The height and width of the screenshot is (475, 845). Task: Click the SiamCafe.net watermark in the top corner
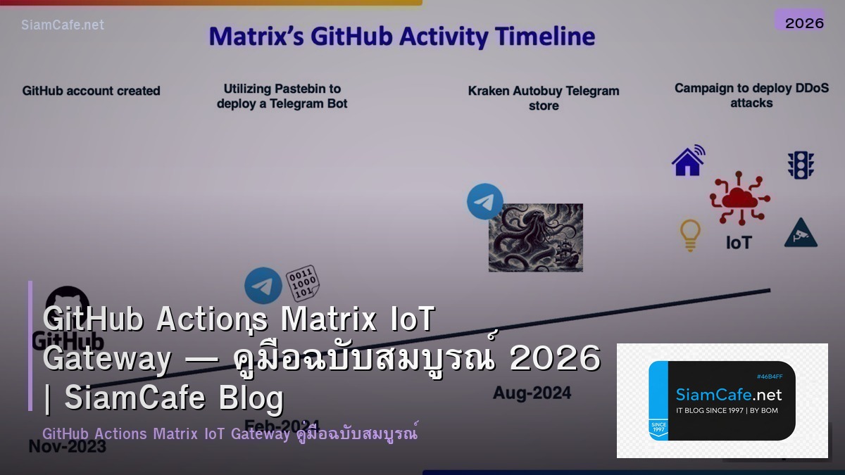click(63, 25)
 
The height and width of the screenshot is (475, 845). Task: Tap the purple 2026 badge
click(804, 23)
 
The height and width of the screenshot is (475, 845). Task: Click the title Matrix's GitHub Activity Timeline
click(401, 37)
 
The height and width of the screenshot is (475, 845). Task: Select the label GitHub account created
click(92, 91)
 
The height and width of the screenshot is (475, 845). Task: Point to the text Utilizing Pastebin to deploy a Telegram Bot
click(282, 96)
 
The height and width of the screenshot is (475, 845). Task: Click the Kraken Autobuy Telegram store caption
click(544, 98)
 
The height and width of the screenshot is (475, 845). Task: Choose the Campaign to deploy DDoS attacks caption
click(751, 96)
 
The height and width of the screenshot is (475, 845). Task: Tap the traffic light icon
click(801, 165)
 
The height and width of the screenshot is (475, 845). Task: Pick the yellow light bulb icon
click(690, 234)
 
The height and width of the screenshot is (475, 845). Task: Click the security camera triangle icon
click(801, 233)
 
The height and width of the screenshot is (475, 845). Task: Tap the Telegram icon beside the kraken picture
click(485, 201)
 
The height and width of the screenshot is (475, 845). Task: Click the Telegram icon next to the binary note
click(263, 286)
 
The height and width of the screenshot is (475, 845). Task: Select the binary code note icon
click(303, 283)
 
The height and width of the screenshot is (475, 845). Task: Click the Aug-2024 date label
click(522, 392)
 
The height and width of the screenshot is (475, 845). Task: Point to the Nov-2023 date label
click(67, 445)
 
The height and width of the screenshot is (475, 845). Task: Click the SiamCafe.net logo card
click(722, 400)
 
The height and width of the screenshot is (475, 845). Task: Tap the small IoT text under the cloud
click(739, 243)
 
